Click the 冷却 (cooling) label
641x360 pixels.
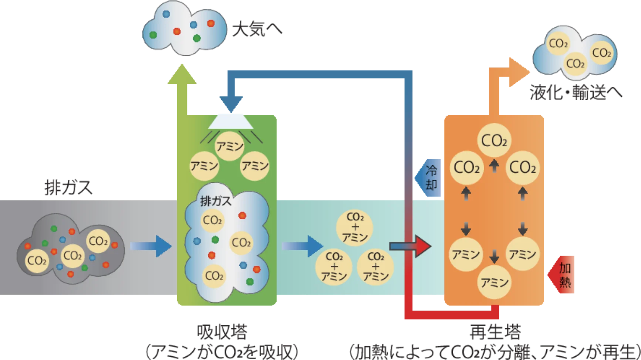click(431, 178)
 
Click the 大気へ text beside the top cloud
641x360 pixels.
click(257, 30)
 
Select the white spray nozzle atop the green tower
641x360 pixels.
click(231, 121)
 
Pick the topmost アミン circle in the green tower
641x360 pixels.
click(230, 146)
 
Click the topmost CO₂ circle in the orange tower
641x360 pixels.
click(494, 141)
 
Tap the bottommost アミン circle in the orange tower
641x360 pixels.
click(495, 283)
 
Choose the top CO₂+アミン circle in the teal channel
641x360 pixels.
click(355, 227)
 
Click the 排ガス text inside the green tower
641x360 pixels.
click(216, 201)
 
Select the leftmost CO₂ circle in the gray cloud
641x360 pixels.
click(37, 261)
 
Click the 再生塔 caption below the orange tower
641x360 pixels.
click(495, 332)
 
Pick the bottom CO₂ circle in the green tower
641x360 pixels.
click(214, 276)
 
